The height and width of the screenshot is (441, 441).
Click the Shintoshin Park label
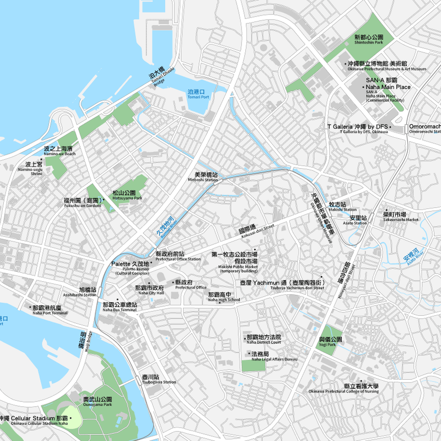point(369,39)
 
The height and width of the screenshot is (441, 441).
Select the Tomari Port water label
point(197,94)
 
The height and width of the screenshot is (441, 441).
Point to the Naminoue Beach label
point(58,151)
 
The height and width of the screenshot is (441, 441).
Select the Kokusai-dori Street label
point(253,230)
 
